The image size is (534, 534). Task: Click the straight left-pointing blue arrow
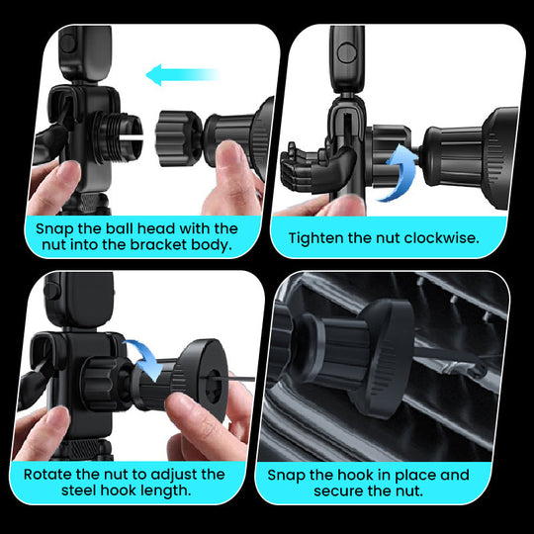[180, 74]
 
